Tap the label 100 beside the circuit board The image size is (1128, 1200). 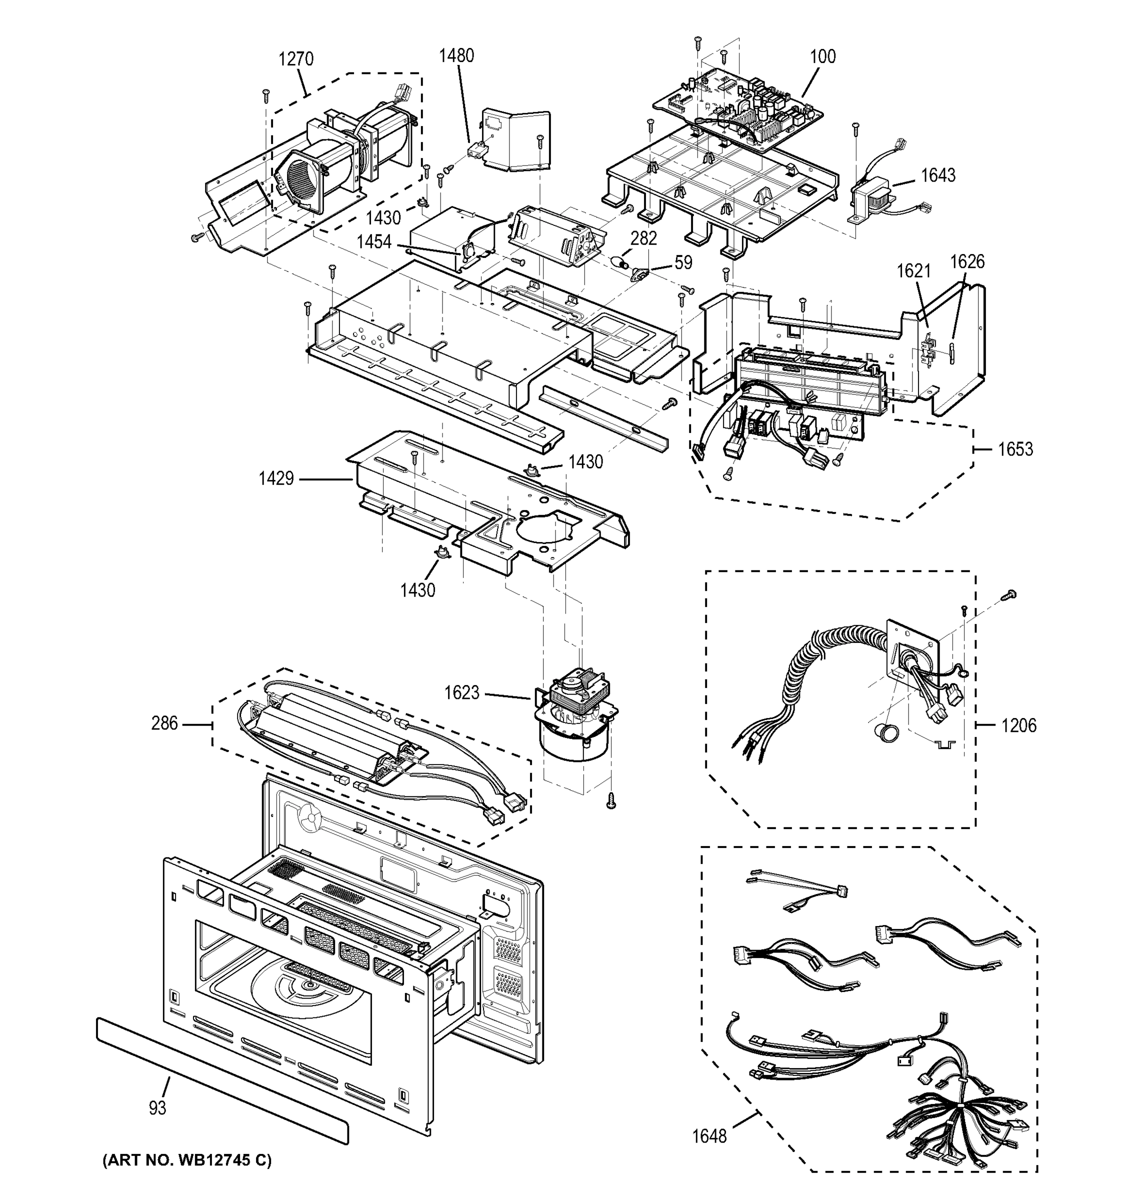coord(822,56)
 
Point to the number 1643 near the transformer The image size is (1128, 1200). coord(938,175)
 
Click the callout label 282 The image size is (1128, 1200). coord(643,238)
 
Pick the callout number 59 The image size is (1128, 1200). coord(683,262)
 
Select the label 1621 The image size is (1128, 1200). coord(913,271)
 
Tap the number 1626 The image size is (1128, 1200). coord(967,261)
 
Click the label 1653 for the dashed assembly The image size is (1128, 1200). coord(1015,449)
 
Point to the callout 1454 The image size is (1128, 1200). coord(373,242)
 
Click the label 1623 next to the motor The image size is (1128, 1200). coord(461,693)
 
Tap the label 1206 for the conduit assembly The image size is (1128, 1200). coord(1019,725)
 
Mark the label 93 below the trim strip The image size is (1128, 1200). coord(157,1108)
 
